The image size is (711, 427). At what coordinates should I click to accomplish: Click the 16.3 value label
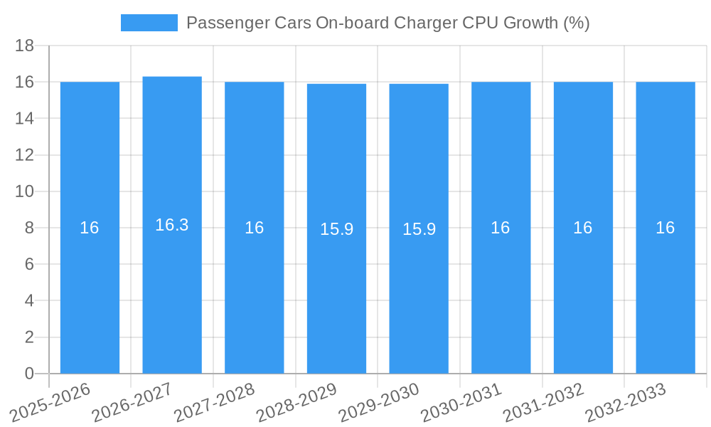(x=172, y=225)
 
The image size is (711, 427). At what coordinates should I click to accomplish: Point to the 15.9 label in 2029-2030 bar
(x=419, y=229)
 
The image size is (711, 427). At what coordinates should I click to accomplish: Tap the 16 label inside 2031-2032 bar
(x=583, y=228)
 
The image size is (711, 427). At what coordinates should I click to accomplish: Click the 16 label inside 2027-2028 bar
(x=255, y=228)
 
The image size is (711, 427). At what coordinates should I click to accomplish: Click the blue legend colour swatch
(x=149, y=23)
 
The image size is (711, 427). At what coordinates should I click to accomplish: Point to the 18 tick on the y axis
(x=25, y=46)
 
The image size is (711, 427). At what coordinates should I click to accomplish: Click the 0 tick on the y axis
(x=29, y=374)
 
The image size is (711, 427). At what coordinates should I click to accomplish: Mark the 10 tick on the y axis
(x=25, y=191)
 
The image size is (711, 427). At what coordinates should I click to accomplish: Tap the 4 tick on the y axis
(x=29, y=300)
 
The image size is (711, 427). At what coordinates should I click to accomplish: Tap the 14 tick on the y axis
(x=25, y=118)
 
